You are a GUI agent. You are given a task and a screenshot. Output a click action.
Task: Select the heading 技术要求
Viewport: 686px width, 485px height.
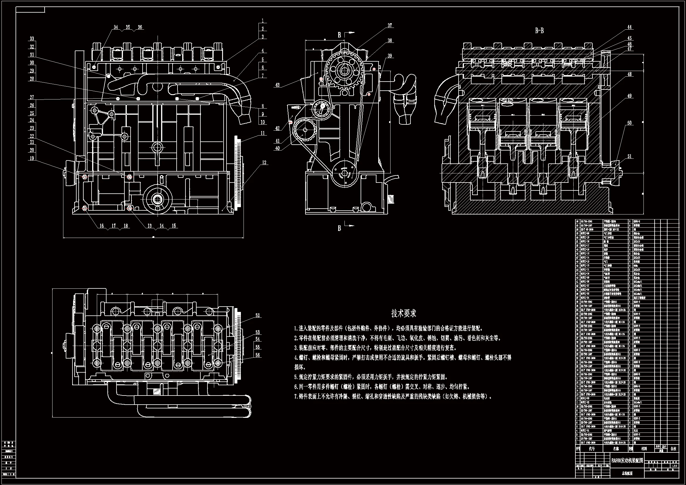(x=404, y=313)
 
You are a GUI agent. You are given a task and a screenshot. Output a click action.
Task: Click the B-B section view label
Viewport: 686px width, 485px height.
(x=539, y=31)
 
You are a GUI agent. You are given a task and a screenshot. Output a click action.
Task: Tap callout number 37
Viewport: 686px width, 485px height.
(x=390, y=26)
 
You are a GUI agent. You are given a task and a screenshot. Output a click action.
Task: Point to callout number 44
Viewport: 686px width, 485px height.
(x=630, y=27)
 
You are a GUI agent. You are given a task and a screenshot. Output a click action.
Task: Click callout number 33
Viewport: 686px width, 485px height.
(x=32, y=38)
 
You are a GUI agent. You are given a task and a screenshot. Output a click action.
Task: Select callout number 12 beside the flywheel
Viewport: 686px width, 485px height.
(x=264, y=163)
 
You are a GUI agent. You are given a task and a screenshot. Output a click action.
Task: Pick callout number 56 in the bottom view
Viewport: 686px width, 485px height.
(x=258, y=355)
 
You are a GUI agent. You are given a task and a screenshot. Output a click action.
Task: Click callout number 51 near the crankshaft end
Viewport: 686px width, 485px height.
(x=630, y=156)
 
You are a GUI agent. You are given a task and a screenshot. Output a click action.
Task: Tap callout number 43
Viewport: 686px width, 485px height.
(x=277, y=85)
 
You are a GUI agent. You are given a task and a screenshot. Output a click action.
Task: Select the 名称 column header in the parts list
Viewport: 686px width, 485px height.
(x=616, y=449)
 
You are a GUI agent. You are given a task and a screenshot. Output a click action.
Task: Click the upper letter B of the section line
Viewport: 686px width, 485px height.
(x=339, y=35)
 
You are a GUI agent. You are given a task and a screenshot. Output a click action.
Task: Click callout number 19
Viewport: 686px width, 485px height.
(x=32, y=158)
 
